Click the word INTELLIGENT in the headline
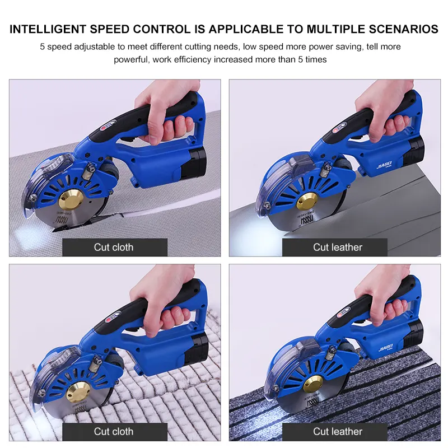pos(48,29)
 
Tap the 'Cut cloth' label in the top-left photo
pos(114,247)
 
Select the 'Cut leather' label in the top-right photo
pos(338,247)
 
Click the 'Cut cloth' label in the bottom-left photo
pos(114,431)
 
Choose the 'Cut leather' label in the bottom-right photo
pos(338,431)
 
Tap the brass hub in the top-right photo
pos(306,201)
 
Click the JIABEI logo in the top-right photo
pos(385,165)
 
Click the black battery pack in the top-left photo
pos(194,162)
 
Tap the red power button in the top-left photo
pos(104,128)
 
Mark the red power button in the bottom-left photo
pos(110,320)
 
